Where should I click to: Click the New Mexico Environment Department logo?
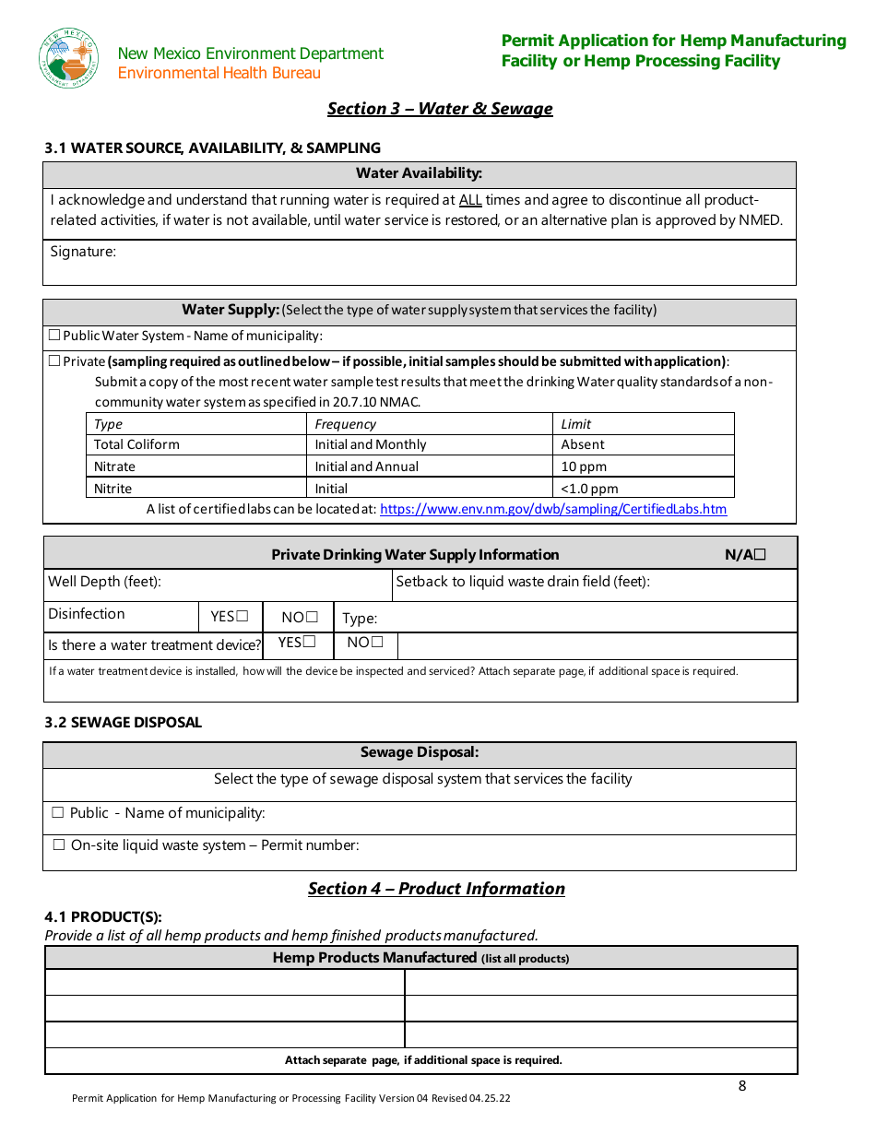(68, 57)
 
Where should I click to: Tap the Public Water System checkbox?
(54, 336)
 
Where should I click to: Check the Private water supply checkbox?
(54, 361)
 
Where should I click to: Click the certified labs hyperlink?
(552, 509)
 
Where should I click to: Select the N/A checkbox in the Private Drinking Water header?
(760, 555)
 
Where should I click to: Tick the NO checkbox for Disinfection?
(313, 617)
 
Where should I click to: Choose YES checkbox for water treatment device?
(310, 643)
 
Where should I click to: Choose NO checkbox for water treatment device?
(377, 643)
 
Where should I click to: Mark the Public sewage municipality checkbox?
(58, 813)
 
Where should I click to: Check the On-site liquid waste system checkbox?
(59, 845)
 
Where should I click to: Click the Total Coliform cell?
(136, 444)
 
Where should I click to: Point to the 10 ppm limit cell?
(584, 467)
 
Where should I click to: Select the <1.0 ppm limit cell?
(589, 489)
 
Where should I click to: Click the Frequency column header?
(346, 424)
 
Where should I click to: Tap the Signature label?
(83, 252)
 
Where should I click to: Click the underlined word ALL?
(470, 200)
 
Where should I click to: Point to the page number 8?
(742, 1086)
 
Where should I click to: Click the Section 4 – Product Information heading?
(436, 889)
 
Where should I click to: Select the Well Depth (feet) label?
(104, 582)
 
